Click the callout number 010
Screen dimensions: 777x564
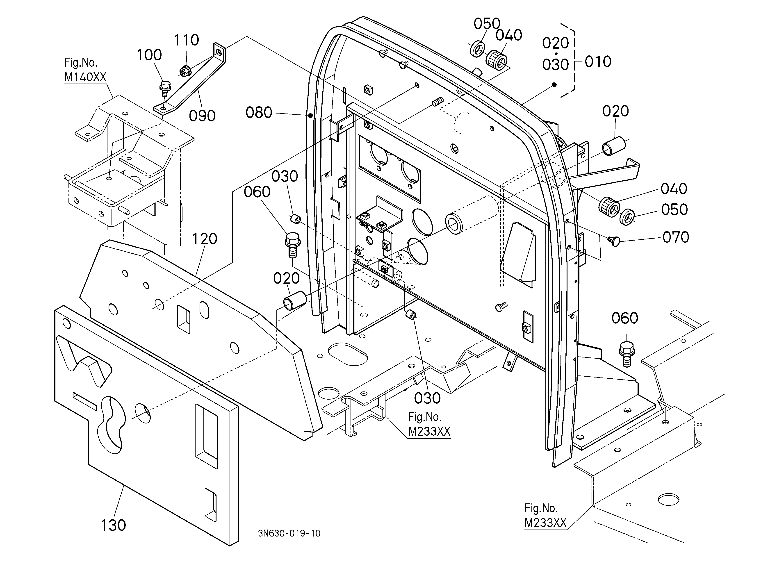point(598,62)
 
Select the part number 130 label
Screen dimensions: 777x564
point(113,525)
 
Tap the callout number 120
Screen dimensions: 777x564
point(205,239)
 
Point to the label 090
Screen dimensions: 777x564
point(202,116)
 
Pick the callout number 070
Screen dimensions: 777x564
point(676,237)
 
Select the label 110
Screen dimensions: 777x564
point(186,40)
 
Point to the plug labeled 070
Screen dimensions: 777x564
point(615,241)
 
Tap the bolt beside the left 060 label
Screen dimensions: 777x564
point(293,245)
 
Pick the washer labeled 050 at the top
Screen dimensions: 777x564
point(478,49)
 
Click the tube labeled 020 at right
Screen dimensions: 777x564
point(614,146)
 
